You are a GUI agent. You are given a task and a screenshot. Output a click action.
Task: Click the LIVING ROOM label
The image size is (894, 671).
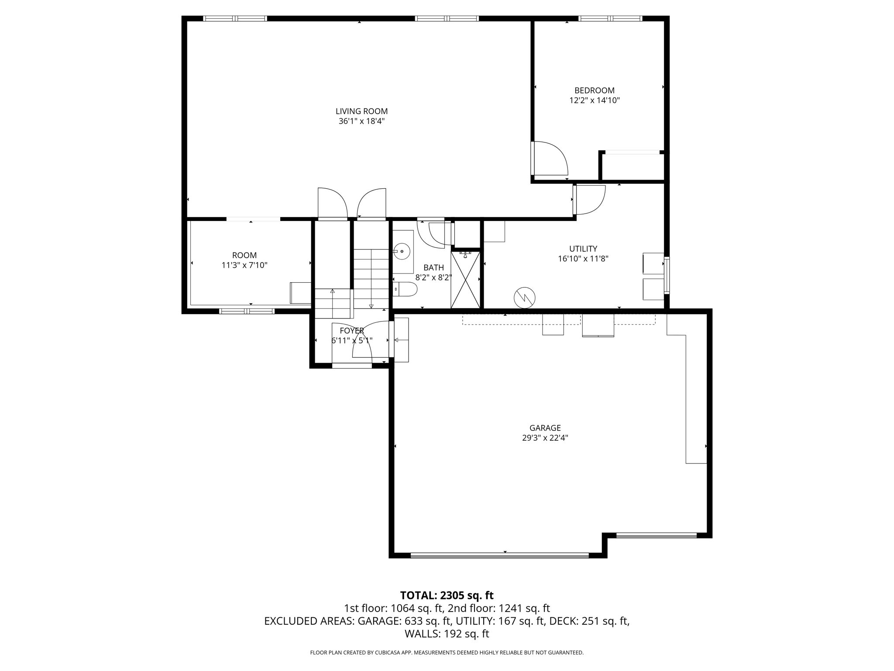point(361,111)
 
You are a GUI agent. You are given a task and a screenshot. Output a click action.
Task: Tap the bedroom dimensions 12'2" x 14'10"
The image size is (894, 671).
point(594,100)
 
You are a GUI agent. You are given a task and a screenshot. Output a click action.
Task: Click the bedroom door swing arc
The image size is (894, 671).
point(552,158)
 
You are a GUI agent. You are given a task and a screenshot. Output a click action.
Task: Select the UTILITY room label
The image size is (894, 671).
point(583,249)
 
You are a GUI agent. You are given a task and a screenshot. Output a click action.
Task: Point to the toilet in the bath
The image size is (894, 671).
point(406,289)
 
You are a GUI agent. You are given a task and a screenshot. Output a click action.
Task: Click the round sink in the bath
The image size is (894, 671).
point(401,251)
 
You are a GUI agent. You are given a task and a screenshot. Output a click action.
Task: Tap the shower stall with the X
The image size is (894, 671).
point(465,280)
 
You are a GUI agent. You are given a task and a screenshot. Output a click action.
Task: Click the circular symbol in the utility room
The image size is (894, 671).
point(524,298)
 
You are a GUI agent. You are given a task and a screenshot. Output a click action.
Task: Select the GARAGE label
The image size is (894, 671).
point(545,428)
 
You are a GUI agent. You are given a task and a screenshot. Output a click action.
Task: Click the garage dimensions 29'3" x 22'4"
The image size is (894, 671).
point(545,438)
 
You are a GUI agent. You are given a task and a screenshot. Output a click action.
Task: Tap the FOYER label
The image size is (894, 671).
point(351,331)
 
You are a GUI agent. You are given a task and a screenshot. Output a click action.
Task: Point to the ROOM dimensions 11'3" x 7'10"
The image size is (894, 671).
point(244,265)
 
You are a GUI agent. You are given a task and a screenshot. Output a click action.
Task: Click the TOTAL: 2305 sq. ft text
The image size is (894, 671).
point(447,595)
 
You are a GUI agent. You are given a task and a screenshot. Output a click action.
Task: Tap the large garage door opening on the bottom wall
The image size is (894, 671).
point(500,555)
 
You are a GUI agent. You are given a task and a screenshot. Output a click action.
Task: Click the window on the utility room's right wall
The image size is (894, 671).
point(667,275)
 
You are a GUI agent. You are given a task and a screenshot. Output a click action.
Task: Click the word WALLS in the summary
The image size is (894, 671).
point(422,634)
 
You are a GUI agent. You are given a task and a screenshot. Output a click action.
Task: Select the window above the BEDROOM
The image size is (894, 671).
point(610,18)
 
